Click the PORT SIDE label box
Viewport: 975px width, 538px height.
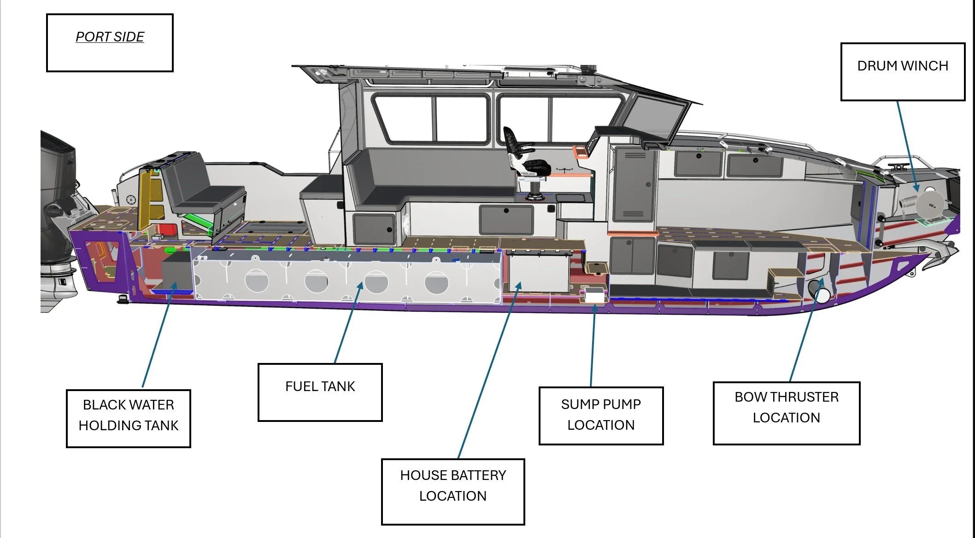point(110,43)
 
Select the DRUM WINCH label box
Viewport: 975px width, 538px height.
point(902,72)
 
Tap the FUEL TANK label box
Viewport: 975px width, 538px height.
point(320,392)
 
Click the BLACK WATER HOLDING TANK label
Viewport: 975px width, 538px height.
point(128,418)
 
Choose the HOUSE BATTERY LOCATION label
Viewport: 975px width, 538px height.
point(452,491)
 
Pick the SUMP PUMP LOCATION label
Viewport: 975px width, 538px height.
point(600,415)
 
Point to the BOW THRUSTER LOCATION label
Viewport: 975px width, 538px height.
point(786,413)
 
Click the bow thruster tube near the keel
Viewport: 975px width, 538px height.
point(819,290)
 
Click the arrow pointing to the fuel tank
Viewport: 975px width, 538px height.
point(348,322)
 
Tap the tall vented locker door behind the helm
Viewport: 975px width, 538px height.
point(634,184)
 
